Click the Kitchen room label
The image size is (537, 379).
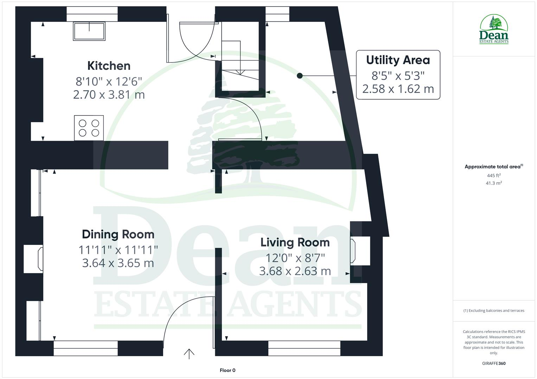[x=109, y=66]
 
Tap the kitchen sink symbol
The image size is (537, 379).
[x=89, y=31]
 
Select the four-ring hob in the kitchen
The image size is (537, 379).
[x=89, y=128]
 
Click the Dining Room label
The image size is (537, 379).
[x=118, y=234]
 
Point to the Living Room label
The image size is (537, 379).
[x=295, y=242]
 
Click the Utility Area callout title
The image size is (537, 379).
[x=398, y=60]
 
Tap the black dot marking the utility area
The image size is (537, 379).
[x=300, y=75]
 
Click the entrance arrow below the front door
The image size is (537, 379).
[x=189, y=354]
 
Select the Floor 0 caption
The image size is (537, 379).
[x=228, y=370]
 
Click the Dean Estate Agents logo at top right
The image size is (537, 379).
[x=494, y=29]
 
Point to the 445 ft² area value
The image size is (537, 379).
[x=494, y=175]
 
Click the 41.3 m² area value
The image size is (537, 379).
[x=494, y=183]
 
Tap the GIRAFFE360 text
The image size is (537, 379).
[x=494, y=363]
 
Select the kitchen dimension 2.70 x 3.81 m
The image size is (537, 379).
[x=109, y=95]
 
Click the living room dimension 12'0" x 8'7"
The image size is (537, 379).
[x=295, y=258]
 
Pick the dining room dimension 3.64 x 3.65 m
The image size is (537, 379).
[x=118, y=263]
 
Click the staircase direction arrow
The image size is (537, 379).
[x=240, y=72]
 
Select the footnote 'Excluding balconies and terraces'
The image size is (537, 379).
[x=494, y=311]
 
